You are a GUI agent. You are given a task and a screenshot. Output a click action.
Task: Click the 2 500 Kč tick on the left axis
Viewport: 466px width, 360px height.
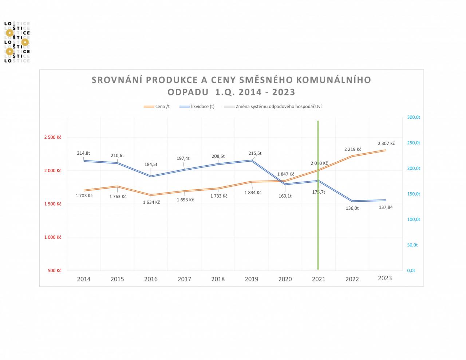[x=52, y=137]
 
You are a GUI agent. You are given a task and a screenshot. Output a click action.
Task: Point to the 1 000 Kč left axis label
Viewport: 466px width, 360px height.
[x=52, y=237]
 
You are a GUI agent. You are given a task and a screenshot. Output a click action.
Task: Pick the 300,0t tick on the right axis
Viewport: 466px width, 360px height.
[x=414, y=117]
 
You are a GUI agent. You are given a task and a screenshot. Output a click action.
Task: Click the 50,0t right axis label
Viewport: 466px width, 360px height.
[x=412, y=245]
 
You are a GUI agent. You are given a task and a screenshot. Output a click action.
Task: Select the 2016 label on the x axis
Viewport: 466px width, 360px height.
[x=151, y=279]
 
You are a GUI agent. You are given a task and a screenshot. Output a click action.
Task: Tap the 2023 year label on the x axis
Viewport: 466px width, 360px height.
[x=385, y=278]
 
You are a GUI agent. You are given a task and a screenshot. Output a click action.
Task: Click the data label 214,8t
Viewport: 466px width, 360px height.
[x=83, y=153]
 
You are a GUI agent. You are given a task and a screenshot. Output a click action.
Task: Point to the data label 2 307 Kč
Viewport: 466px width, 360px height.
[x=386, y=143]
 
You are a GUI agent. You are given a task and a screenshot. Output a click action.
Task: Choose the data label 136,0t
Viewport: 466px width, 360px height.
[x=352, y=208]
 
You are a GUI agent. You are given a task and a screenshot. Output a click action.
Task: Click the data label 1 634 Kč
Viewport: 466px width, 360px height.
[x=151, y=202]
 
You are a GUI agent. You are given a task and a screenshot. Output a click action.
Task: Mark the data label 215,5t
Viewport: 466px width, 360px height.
[x=255, y=153]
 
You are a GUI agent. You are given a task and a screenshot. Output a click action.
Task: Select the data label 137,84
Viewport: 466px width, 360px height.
[x=386, y=207]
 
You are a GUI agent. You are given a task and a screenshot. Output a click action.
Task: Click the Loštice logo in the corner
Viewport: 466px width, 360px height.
[x=17, y=42]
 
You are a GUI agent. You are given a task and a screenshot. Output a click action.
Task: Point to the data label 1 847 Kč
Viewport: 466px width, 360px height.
[x=286, y=174]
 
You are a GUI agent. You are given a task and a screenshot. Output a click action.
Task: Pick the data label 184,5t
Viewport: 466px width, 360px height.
[x=151, y=164]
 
